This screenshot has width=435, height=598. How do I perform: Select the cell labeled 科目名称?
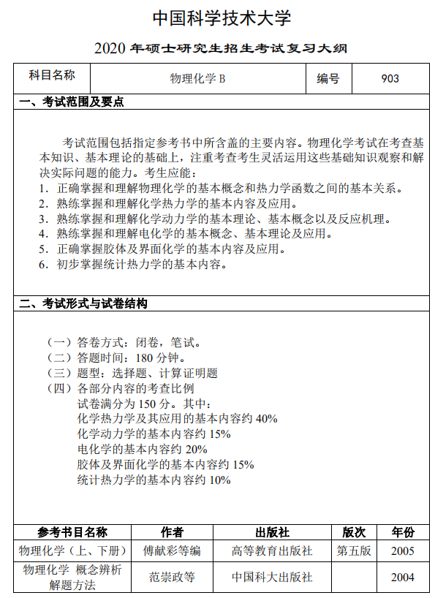click(x=51, y=75)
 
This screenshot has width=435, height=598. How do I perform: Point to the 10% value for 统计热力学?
click(x=219, y=480)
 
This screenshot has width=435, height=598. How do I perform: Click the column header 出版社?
click(x=272, y=531)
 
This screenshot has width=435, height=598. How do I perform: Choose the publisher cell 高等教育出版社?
click(x=272, y=550)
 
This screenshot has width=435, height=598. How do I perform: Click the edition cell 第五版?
click(x=354, y=550)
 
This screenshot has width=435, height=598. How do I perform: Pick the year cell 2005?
click(x=402, y=550)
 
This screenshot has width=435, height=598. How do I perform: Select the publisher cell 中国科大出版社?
click(x=272, y=577)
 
